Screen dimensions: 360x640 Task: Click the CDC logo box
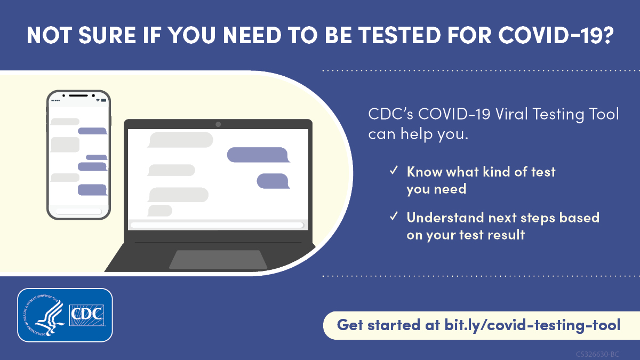[87, 315]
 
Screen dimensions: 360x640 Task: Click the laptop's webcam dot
[218, 124]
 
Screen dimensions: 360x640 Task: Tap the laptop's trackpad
[218, 260]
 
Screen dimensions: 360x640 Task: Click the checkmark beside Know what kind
[394, 171]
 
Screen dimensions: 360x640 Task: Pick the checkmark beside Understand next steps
[394, 217]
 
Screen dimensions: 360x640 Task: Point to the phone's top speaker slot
[78, 95]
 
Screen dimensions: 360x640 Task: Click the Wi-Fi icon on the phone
[98, 100]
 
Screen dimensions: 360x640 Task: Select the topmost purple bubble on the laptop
[258, 155]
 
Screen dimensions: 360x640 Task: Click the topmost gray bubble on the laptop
[180, 140]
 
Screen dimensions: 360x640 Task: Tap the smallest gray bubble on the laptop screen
[159, 211]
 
